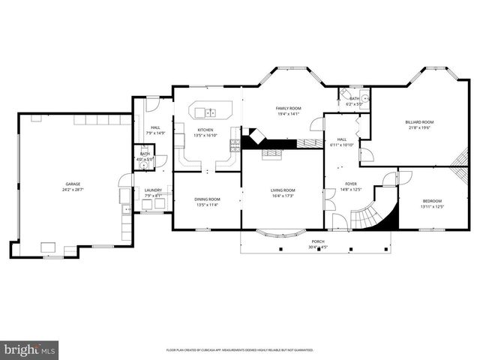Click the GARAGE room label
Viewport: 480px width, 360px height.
click(x=73, y=184)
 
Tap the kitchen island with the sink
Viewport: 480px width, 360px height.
click(x=205, y=112)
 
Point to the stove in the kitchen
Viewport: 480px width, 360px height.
click(x=235, y=142)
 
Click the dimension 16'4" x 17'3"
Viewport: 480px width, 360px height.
click(x=283, y=196)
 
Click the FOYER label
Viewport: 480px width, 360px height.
click(x=351, y=184)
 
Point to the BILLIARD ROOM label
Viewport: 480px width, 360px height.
click(x=420, y=121)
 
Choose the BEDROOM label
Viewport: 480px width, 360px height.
click(x=432, y=201)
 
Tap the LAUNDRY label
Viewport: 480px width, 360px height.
click(x=153, y=190)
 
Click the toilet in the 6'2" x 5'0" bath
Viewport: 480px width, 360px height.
click(x=365, y=98)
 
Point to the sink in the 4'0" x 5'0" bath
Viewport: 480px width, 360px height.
click(x=145, y=168)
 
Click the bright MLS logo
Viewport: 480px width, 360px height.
click(x=30, y=349)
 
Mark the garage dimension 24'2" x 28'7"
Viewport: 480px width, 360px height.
click(x=73, y=190)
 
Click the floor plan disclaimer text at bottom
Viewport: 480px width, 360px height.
click(x=239, y=350)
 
